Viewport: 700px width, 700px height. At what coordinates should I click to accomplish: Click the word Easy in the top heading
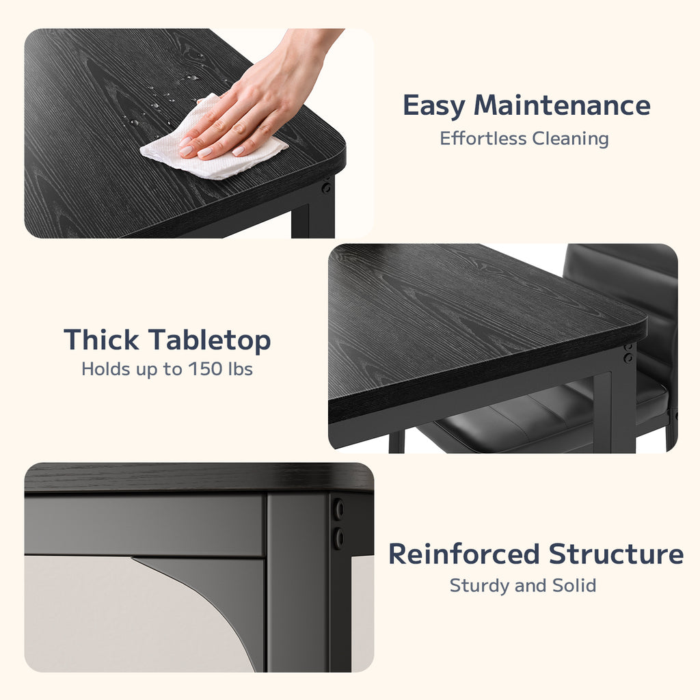[x=433, y=106]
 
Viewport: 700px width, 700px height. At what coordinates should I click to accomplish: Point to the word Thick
[x=101, y=340]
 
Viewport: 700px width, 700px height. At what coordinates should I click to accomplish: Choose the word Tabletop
[x=209, y=340]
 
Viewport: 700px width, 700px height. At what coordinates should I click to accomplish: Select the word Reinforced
[x=464, y=554]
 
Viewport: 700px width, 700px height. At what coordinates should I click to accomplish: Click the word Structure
[x=616, y=554]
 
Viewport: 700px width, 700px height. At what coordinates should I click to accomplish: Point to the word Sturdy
[x=479, y=586]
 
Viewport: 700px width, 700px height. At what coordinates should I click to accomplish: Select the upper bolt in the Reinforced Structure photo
[x=339, y=509]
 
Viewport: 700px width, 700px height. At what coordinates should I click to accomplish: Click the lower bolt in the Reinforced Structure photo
[x=339, y=538]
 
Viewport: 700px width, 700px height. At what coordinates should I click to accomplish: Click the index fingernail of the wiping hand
[x=186, y=151]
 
